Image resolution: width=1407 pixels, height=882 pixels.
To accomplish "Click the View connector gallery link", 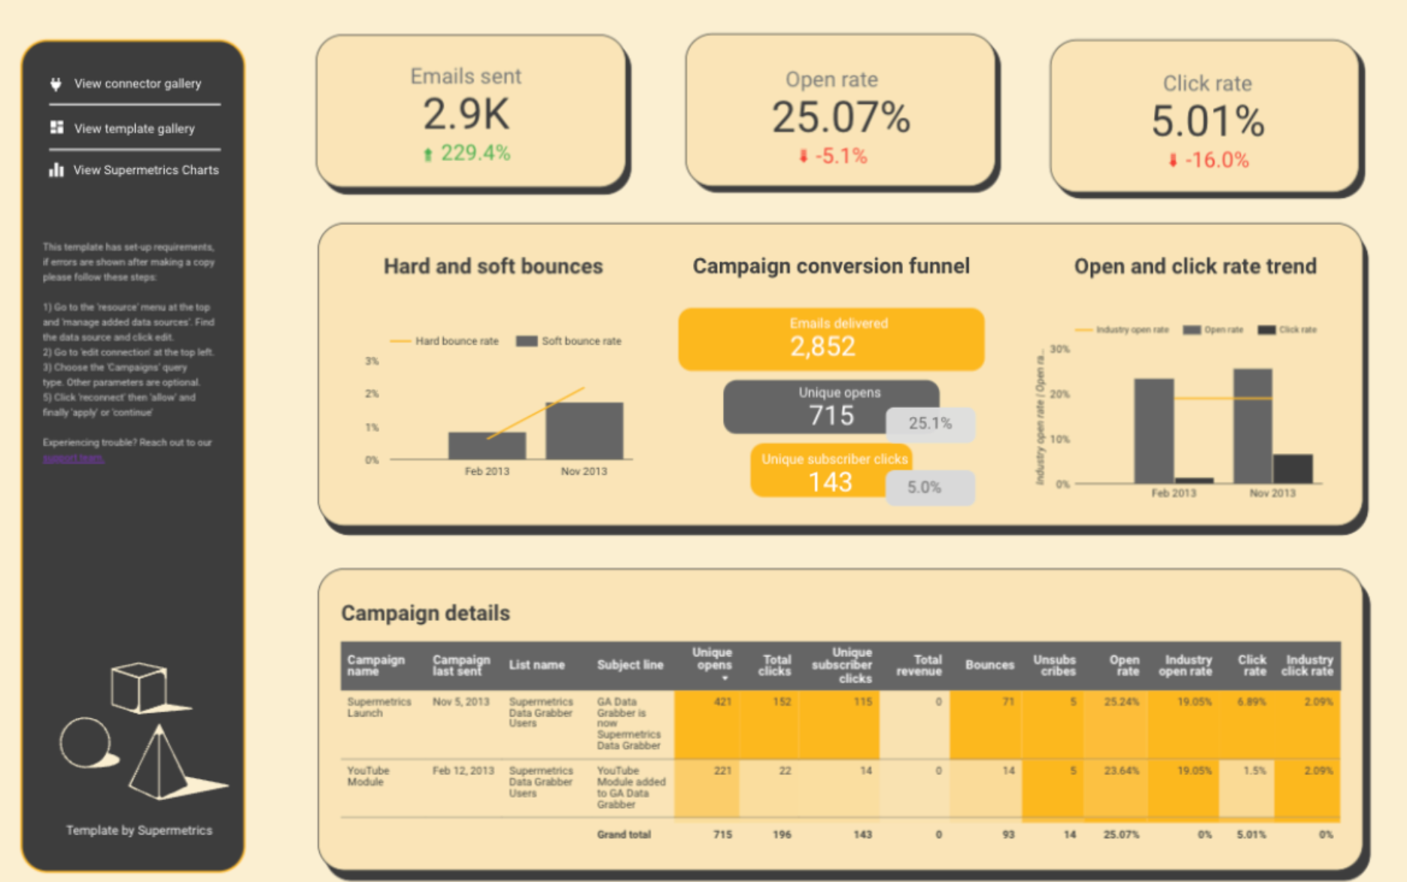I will (137, 84).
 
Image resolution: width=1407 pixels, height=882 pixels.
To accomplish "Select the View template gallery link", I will (133, 129).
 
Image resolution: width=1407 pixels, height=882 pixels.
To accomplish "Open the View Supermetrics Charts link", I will (145, 170).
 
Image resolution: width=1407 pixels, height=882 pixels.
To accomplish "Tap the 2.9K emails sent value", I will (466, 114).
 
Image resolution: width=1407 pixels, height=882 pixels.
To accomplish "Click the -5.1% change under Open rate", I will (833, 157).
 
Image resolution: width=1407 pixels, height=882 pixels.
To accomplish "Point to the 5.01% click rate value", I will (1207, 121).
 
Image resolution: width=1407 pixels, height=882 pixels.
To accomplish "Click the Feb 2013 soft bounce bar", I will (487, 446).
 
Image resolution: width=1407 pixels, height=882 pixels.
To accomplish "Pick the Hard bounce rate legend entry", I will (445, 341).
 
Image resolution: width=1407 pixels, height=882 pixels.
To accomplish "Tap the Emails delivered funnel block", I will (831, 339).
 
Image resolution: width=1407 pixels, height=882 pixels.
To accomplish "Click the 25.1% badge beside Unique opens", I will (930, 424).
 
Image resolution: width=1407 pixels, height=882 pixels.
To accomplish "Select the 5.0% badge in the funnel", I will (929, 488).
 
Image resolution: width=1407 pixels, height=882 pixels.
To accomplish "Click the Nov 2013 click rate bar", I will (1292, 469).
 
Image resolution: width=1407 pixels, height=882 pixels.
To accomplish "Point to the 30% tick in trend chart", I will (1059, 349).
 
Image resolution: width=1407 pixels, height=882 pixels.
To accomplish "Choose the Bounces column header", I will (989, 665).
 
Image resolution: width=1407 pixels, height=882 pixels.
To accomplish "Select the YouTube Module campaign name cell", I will (368, 776).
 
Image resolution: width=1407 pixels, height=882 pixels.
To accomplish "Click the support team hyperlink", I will (73, 458).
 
